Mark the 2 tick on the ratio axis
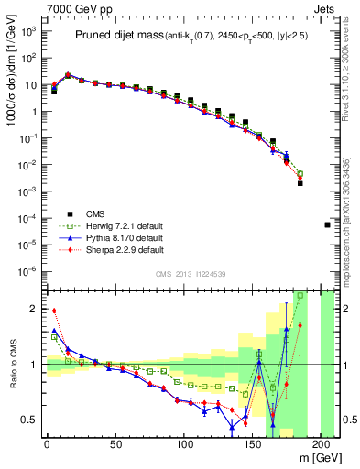coord(32,309)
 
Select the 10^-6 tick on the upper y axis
coord(27,270)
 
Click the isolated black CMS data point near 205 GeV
coord(328,224)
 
